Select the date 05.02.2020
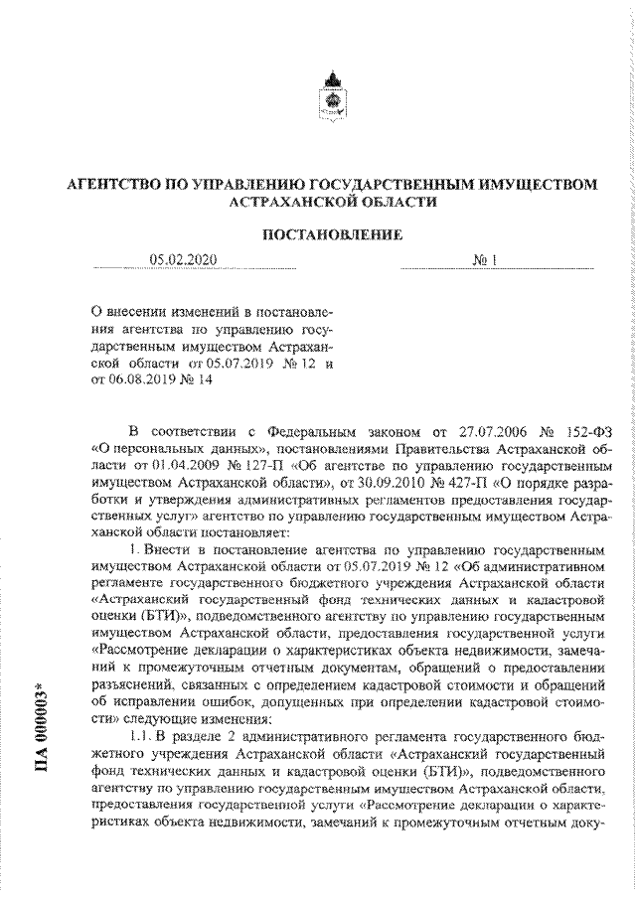tap(182, 260)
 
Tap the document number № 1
tap(485, 260)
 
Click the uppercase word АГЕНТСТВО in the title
tap(114, 184)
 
